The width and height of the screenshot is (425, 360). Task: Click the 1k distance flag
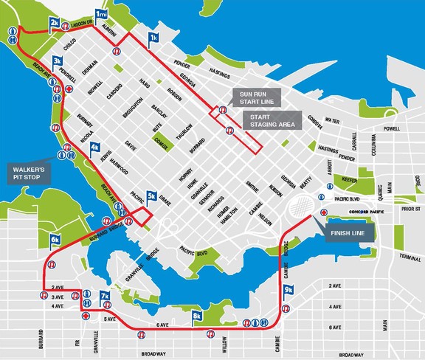(x=153, y=37)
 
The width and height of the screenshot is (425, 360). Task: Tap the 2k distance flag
(x=55, y=24)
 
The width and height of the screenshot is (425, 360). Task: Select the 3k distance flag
(x=58, y=60)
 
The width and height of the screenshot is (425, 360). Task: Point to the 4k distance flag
(x=94, y=148)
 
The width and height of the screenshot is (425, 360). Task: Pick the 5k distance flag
(x=152, y=196)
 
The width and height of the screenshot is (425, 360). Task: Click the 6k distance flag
(x=55, y=240)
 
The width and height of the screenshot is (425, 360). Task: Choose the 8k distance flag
(x=197, y=316)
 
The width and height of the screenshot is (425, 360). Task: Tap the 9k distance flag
(x=288, y=290)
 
